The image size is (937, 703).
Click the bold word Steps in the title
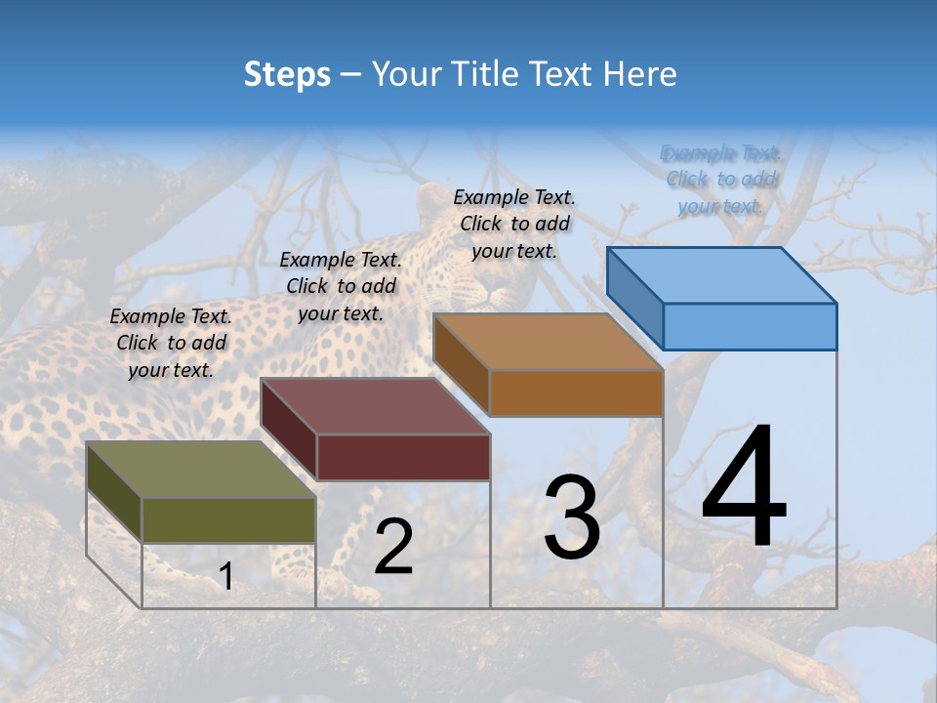[x=287, y=74]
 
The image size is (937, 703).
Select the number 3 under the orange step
[x=572, y=517]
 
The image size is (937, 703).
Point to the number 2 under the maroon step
[x=393, y=547]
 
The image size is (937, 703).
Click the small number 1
[x=225, y=577]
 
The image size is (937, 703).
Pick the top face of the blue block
[x=720, y=274]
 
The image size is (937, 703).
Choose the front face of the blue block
[x=750, y=326]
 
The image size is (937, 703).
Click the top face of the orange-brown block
[x=547, y=341]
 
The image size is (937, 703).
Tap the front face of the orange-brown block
[x=576, y=393]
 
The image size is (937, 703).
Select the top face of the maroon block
[x=374, y=405]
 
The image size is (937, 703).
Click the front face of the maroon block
[x=403, y=457]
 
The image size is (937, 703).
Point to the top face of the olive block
[x=200, y=469]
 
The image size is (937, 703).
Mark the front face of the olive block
[x=228, y=519]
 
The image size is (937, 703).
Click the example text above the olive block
[x=171, y=343]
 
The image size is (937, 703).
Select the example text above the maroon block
[x=341, y=286]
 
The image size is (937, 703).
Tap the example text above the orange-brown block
[x=514, y=224]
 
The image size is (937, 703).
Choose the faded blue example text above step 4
[x=721, y=179]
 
